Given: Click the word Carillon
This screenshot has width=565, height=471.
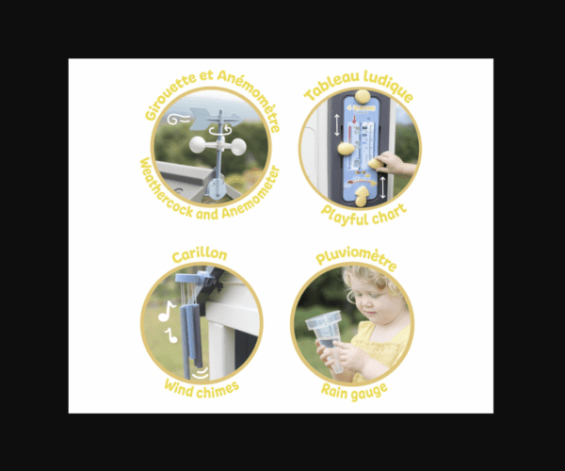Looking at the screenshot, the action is pos(200,254).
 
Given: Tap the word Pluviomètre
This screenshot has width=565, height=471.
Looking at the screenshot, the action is pos(356,257).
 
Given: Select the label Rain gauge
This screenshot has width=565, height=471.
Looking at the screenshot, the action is pos(355,391).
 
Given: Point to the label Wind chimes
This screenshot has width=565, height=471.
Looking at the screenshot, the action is pos(202,389).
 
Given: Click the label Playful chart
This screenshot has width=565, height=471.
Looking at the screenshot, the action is pos(363,215).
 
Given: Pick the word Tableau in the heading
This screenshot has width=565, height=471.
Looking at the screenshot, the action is pos(331,87).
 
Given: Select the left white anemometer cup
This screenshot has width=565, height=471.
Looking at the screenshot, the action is pos(198,145).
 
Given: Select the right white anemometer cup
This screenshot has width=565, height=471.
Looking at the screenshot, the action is pos(237,147).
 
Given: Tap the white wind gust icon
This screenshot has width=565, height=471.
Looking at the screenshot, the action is pos(178,120).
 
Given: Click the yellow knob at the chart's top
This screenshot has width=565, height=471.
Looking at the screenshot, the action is pos(363,97).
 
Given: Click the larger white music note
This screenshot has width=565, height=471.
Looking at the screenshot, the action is pos(167,311).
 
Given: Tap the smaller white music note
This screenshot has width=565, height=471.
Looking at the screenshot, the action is pos(170,335).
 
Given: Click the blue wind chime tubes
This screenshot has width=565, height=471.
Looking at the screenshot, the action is pos(190,333).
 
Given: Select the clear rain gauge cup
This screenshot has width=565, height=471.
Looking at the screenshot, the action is pos(327,337).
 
